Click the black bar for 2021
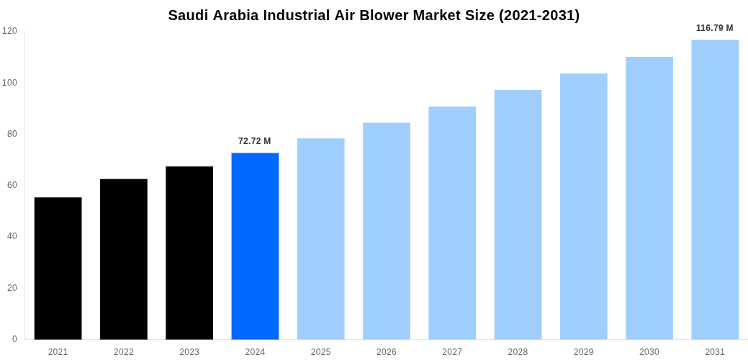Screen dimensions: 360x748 [x=58, y=269]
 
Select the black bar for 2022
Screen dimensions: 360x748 [x=124, y=259]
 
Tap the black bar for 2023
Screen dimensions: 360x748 [x=189, y=253]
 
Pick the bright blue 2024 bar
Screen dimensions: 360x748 [x=255, y=246]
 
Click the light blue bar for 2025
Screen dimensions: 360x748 [x=320, y=239]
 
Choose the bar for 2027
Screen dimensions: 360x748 [x=452, y=223]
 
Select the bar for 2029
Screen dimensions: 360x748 [x=583, y=207]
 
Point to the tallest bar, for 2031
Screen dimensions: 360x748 [x=715, y=189]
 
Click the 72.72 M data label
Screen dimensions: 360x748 [x=255, y=141]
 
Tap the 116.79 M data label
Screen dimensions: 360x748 [x=714, y=28]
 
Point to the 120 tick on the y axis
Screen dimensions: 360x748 [x=9, y=31]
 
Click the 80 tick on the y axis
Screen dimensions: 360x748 [x=12, y=134]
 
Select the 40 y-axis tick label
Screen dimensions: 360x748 [x=12, y=236]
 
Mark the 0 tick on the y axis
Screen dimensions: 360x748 [x=14, y=339]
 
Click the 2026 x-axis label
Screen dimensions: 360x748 [x=387, y=352]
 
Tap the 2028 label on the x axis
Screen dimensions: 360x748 [x=518, y=352]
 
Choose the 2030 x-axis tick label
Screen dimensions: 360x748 [x=649, y=352]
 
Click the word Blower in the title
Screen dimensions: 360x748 [x=382, y=15]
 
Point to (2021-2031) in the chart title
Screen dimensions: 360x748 [x=539, y=15]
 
